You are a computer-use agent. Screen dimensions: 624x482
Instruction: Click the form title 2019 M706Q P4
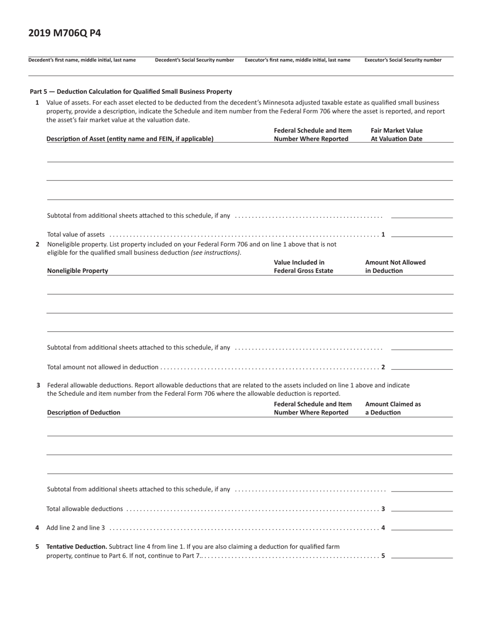pos(64,33)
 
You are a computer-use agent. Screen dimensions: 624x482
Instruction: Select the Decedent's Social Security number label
pos(194,60)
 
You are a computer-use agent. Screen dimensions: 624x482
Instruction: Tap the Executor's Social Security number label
pos(403,60)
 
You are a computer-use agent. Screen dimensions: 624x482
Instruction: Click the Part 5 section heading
pos(131,92)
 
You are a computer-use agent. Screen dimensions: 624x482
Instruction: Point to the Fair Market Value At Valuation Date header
pos(396,134)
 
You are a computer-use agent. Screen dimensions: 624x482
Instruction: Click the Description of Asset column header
pos(130,138)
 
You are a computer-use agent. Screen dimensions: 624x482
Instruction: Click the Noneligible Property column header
pos(78,271)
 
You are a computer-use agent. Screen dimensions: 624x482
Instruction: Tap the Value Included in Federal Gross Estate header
pos(299,266)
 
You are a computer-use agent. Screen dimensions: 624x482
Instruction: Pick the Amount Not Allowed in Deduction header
pos(395,266)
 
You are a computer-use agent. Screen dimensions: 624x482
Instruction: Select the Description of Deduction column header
pos(84,412)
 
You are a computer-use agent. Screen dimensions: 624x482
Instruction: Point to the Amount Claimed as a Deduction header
pos(393,408)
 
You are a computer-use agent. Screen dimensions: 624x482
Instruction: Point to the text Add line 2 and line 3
pos(76,528)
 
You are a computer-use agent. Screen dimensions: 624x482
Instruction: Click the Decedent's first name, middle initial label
pos(82,60)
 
